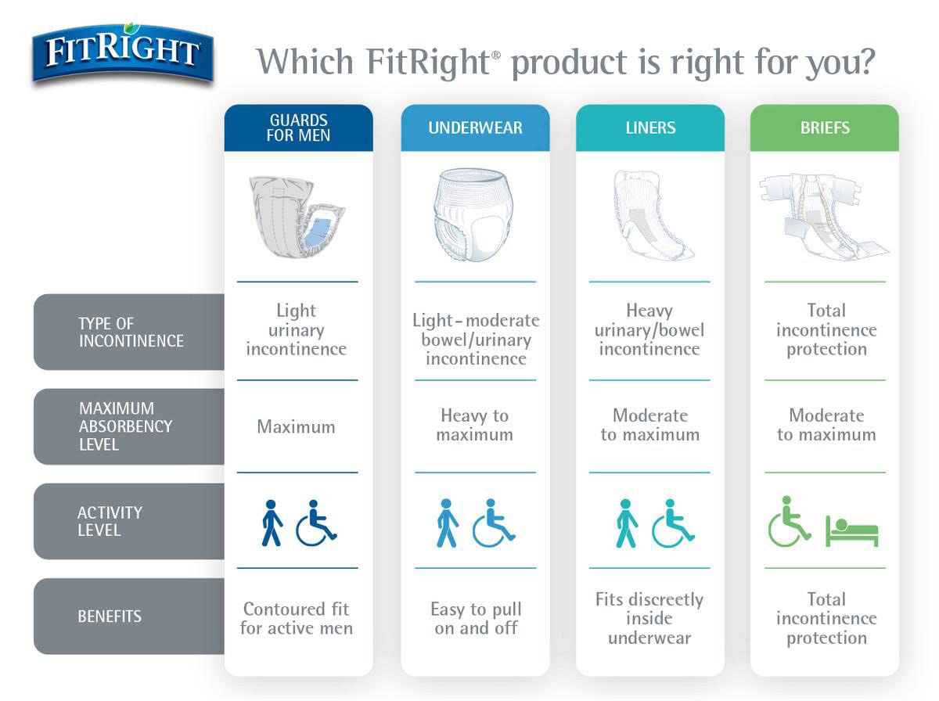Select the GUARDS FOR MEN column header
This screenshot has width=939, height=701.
click(x=298, y=128)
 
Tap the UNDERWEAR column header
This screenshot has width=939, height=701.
click(x=475, y=128)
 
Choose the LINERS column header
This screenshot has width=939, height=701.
click(x=649, y=128)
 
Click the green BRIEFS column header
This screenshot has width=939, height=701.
click(x=824, y=128)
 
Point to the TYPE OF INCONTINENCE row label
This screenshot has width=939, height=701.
click(x=131, y=333)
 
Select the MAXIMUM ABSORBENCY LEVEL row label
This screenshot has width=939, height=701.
click(x=125, y=426)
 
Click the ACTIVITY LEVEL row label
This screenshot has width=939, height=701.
click(x=110, y=521)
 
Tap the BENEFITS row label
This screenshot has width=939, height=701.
click(x=110, y=617)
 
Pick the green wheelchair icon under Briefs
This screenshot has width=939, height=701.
click(x=789, y=521)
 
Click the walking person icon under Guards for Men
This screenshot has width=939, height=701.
click(x=271, y=523)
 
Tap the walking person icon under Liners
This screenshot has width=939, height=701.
click(x=626, y=523)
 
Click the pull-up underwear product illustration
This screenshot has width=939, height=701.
click(x=475, y=215)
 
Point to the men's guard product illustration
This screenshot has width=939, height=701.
click(x=297, y=217)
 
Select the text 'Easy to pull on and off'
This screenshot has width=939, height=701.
click(x=476, y=618)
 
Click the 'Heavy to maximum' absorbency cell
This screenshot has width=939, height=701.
click(x=474, y=425)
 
